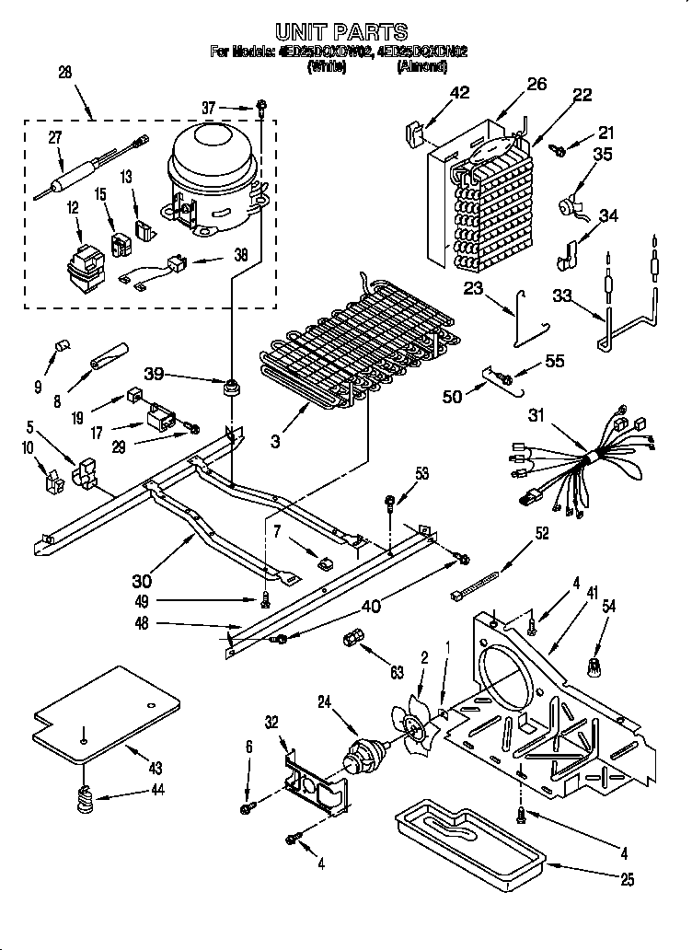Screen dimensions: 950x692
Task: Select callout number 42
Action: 459,92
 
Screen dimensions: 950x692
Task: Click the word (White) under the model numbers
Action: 327,66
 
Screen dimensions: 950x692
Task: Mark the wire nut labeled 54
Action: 594,664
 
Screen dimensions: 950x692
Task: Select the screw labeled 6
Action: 248,807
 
